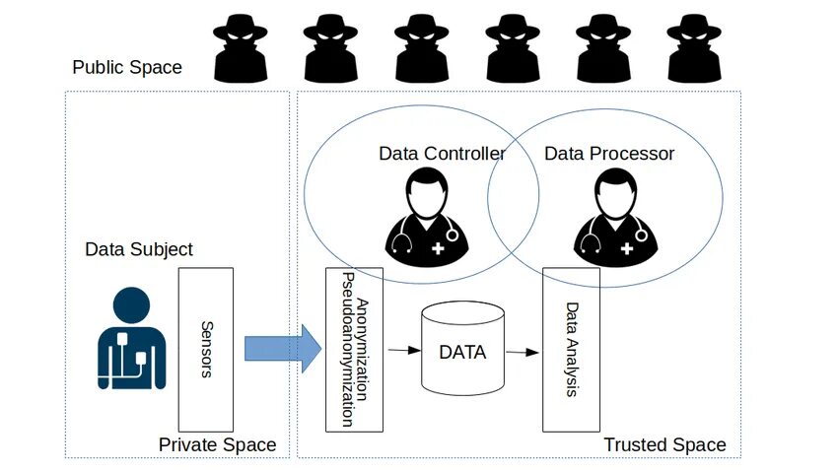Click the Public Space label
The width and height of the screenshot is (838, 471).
pyautogui.click(x=127, y=67)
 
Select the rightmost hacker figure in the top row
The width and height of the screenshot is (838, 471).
pyautogui.click(x=694, y=48)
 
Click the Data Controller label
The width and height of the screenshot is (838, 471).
pyautogui.click(x=442, y=154)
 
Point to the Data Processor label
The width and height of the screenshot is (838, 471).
pyautogui.click(x=609, y=154)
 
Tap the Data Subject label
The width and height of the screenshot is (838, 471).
pyautogui.click(x=139, y=249)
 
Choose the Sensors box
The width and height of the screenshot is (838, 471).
pyautogui.click(x=205, y=349)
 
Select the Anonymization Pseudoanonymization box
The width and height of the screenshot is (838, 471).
pyautogui.click(x=354, y=349)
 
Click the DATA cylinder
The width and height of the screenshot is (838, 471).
pyautogui.click(x=462, y=350)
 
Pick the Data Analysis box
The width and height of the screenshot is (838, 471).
pyautogui.click(x=571, y=349)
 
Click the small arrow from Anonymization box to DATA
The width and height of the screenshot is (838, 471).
pyautogui.click(x=399, y=350)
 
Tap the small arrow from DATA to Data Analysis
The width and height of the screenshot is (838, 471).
pyautogui.click(x=523, y=351)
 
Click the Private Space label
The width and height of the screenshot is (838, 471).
pyautogui.click(x=217, y=445)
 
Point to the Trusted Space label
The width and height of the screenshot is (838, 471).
pyautogui.click(x=664, y=445)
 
